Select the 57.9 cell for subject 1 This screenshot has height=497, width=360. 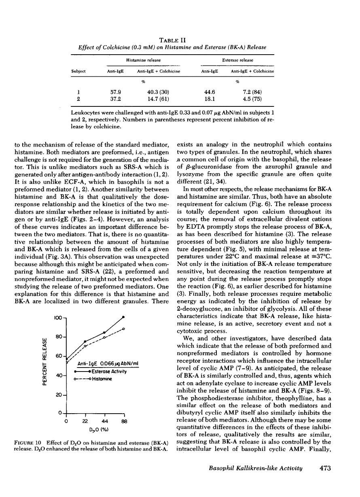(112, 92)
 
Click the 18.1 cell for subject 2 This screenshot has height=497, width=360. (208, 100)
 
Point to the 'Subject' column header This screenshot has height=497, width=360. (78, 71)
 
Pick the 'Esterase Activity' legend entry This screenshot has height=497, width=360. (106, 371)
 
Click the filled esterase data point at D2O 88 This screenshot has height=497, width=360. (123, 317)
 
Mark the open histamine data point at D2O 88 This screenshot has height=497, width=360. (123, 329)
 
